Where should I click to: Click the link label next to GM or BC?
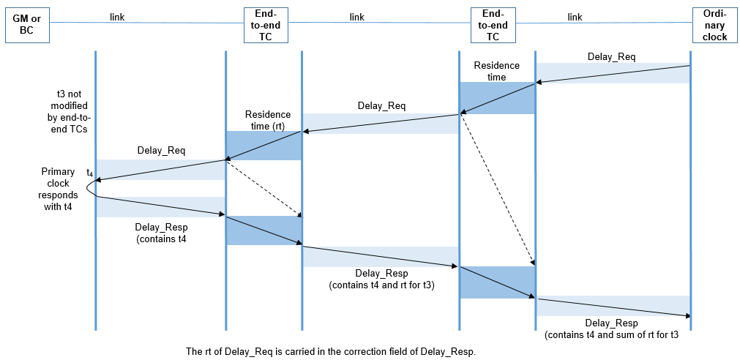(116, 18)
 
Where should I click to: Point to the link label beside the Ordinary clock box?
(575, 18)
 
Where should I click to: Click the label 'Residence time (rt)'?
(268, 120)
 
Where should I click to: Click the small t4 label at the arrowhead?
(90, 173)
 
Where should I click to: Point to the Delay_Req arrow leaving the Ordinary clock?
(613, 75)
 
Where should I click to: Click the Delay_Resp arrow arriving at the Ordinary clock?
(613, 307)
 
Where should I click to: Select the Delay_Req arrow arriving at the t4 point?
(160, 170)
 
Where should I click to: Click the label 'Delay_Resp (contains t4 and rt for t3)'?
(381, 279)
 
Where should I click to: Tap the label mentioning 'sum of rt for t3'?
(611, 329)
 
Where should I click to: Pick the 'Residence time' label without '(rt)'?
(496, 71)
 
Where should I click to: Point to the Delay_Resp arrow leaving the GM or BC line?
(160, 206)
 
